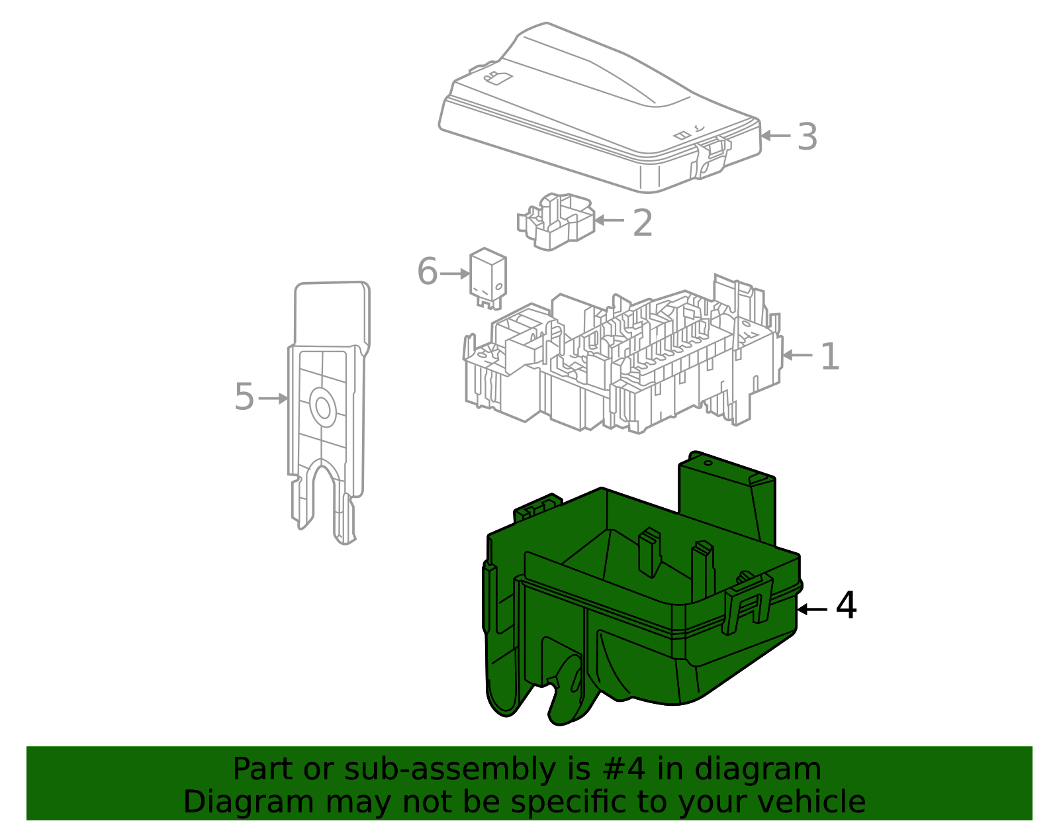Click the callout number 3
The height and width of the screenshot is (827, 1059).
807,137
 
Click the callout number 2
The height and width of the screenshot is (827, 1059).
643,223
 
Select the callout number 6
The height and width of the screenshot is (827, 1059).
428,271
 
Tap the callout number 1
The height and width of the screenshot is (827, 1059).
830,357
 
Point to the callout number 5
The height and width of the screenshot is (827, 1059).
244,397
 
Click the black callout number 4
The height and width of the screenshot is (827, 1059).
846,606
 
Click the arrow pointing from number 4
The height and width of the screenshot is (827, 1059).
812,609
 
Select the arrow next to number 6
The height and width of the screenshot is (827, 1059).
455,273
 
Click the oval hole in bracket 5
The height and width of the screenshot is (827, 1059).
323,407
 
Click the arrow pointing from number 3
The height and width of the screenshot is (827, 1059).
776,136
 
